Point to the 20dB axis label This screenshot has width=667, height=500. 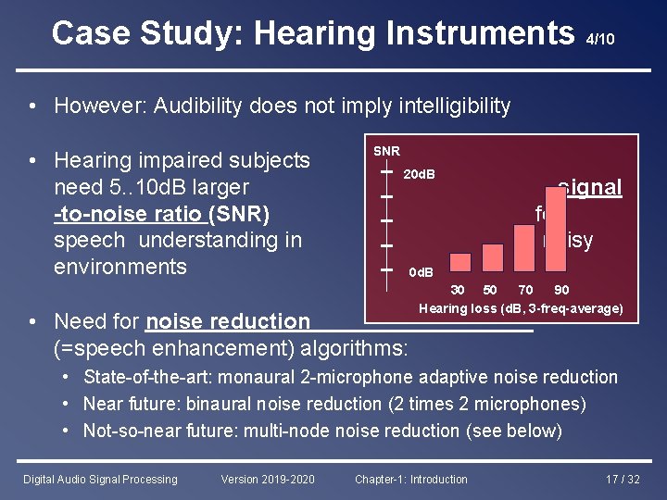pos(421,174)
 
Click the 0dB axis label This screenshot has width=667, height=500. pos(422,272)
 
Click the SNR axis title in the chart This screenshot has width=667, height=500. pos(386,151)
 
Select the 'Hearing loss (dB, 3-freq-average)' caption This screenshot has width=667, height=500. pos(521,308)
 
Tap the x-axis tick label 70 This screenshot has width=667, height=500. pos(525,291)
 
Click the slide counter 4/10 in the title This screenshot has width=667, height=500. pos(600,39)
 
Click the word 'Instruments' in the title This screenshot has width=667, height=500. pos(413,33)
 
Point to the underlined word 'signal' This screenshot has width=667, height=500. pos(590,187)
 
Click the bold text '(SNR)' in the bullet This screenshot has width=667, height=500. pos(239,214)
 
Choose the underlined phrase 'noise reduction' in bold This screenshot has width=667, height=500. pos(228,321)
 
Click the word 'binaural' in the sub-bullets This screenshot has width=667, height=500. pos(220,404)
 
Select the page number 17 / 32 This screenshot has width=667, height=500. pos(622,479)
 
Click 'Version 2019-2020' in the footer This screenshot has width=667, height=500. pos(268,479)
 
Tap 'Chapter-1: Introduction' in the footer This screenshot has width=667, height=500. pos(411,479)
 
